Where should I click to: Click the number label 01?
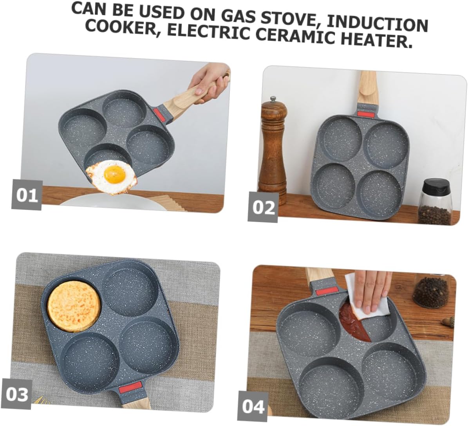[x=27, y=195]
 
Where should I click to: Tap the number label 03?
[x=17, y=394]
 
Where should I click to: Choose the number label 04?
[x=253, y=406]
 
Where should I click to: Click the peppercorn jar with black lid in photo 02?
[x=435, y=202]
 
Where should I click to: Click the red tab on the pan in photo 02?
[x=367, y=114]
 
